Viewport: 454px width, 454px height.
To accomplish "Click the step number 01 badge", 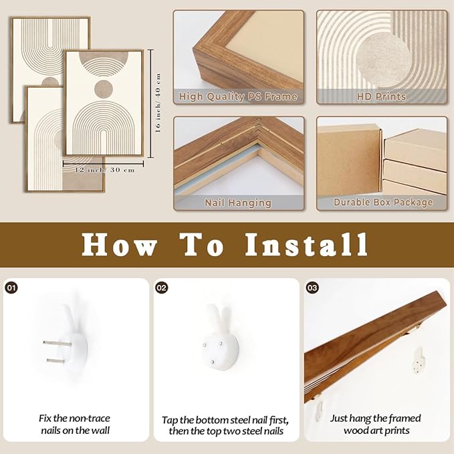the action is coord(11,288).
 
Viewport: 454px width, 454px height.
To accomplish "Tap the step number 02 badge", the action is coord(162,288).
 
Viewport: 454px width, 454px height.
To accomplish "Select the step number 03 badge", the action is coord(312,288).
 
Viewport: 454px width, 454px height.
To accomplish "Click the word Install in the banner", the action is coord(306,245).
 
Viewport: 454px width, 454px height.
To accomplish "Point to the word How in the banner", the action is coord(119,245).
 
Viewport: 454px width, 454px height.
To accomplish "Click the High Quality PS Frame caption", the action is coord(238,96).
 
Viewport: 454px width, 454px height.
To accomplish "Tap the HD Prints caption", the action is coord(381,96).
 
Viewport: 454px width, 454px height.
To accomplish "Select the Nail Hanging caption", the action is coord(238,203).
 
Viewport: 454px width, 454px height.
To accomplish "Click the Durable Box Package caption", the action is coord(383,202).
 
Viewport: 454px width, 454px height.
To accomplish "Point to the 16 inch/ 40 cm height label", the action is coord(158,103).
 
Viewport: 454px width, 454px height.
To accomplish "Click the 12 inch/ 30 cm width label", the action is coord(105,170).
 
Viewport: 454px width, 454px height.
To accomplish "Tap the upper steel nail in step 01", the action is coord(58,344).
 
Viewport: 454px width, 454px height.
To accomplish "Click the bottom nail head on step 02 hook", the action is coord(212,362).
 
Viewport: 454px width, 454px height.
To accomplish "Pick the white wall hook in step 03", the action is coord(419,361).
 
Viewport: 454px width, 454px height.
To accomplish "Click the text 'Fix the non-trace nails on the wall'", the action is coord(76,424).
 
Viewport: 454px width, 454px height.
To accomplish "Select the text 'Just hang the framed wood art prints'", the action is coord(376,424).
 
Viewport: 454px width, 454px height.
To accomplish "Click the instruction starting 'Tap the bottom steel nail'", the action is coord(226,425).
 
